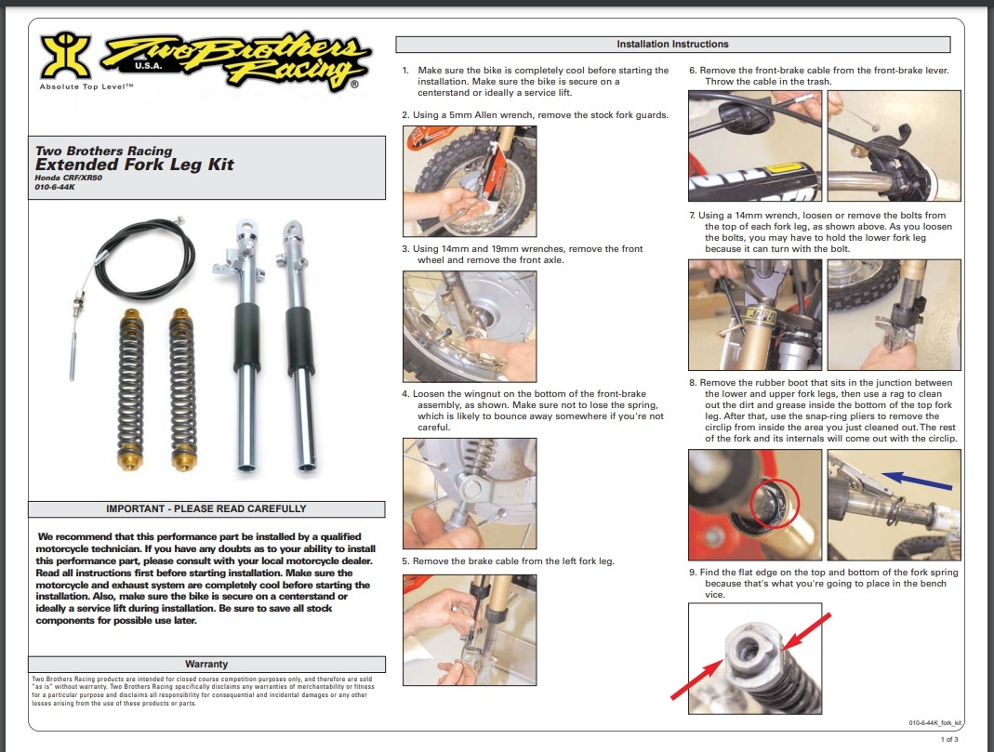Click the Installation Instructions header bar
tap(672, 45)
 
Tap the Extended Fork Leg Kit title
tap(135, 165)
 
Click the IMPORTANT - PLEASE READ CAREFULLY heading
tap(205, 509)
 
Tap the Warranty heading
tap(206, 664)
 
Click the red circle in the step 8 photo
tap(770, 503)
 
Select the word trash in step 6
tap(816, 82)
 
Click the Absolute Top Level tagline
tap(87, 86)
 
